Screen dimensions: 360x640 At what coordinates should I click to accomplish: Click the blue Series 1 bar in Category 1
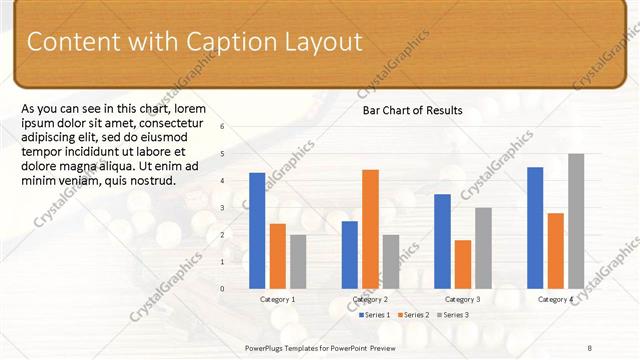click(x=257, y=230)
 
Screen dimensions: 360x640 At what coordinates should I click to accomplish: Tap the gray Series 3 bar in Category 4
click(x=576, y=220)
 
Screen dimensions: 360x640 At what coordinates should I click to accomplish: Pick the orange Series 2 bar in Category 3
click(x=462, y=264)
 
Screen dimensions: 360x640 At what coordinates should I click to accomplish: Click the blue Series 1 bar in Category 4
click(x=535, y=227)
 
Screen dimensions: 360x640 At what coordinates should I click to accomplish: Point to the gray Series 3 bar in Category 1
click(x=298, y=261)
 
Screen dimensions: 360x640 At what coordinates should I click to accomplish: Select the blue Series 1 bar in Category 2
click(x=349, y=254)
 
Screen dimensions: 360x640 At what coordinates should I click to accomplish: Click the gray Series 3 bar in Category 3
click(x=483, y=248)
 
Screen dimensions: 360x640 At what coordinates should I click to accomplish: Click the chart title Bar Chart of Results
click(x=412, y=111)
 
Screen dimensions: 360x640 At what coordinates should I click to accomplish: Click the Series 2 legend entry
click(x=414, y=315)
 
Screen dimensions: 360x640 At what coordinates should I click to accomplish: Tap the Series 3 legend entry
click(x=453, y=315)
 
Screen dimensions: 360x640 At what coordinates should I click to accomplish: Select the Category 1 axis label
click(x=277, y=299)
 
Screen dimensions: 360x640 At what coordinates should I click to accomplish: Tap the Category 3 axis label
click(x=462, y=299)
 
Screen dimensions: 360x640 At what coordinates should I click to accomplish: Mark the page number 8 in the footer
click(x=590, y=346)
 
